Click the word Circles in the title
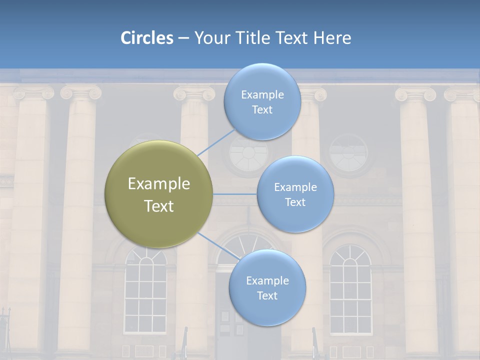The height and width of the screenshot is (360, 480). pyautogui.click(x=146, y=38)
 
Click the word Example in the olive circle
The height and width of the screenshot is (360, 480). pyautogui.click(x=159, y=184)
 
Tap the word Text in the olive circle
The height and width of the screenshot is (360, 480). pyautogui.click(x=159, y=206)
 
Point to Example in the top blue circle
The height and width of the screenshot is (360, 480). pyautogui.click(x=262, y=95)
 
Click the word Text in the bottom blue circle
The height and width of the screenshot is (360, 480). pyautogui.click(x=267, y=295)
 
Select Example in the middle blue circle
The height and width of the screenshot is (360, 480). pyautogui.click(x=295, y=187)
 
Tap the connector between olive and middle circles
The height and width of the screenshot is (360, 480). pyautogui.click(x=235, y=193)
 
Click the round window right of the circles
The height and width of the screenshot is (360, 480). pyautogui.click(x=348, y=152)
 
